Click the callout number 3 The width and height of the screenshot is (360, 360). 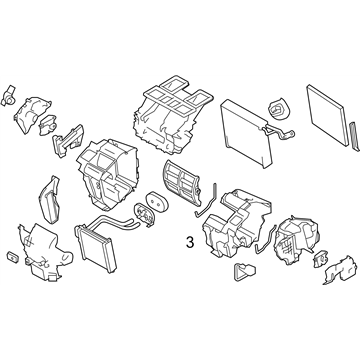190,242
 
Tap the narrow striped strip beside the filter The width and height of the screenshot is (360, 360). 354,137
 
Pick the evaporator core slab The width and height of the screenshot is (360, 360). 246,133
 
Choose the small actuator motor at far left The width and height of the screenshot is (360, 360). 9,95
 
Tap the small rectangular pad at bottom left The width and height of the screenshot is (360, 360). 13,256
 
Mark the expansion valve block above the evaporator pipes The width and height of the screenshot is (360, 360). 279,109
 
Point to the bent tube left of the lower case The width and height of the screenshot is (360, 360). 205,201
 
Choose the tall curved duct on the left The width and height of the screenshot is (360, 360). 49,199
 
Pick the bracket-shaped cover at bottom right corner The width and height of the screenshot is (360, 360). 340,269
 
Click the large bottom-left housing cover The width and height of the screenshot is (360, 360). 44,251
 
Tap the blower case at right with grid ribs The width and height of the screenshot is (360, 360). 295,241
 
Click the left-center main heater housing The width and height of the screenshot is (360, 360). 106,174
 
